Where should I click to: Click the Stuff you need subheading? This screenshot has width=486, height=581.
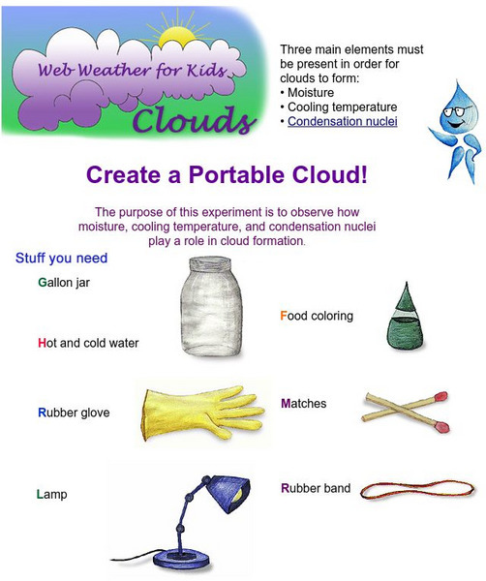[61, 259]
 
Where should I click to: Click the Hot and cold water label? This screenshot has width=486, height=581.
[88, 343]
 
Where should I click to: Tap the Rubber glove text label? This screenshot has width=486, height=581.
[74, 413]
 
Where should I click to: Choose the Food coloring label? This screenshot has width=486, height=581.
[317, 316]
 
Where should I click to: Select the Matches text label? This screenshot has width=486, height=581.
[303, 403]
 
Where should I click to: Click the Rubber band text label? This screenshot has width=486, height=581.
[316, 488]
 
